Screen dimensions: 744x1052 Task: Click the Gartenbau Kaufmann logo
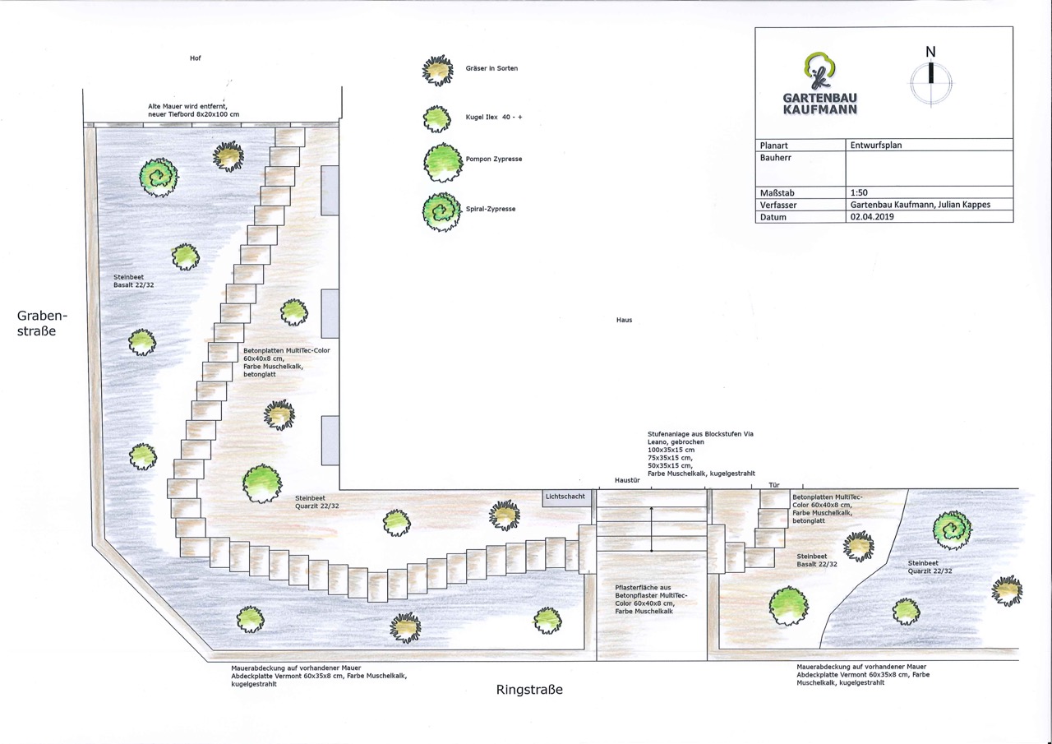(819, 85)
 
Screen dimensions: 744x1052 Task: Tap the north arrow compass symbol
(931, 76)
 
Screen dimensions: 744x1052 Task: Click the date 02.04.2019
(872, 217)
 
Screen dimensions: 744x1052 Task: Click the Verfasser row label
(779, 205)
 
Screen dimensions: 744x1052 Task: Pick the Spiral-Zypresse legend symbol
(440, 210)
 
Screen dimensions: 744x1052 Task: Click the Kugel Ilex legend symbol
(437, 118)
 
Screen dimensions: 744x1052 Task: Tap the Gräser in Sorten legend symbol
(437, 70)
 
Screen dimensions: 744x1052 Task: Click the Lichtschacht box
(565, 497)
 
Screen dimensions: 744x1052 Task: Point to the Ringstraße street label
(529, 690)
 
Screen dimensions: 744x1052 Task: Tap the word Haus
(624, 320)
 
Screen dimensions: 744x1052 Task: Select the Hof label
(195, 58)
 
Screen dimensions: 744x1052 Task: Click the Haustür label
(627, 479)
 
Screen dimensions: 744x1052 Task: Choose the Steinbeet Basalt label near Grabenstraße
(134, 281)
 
